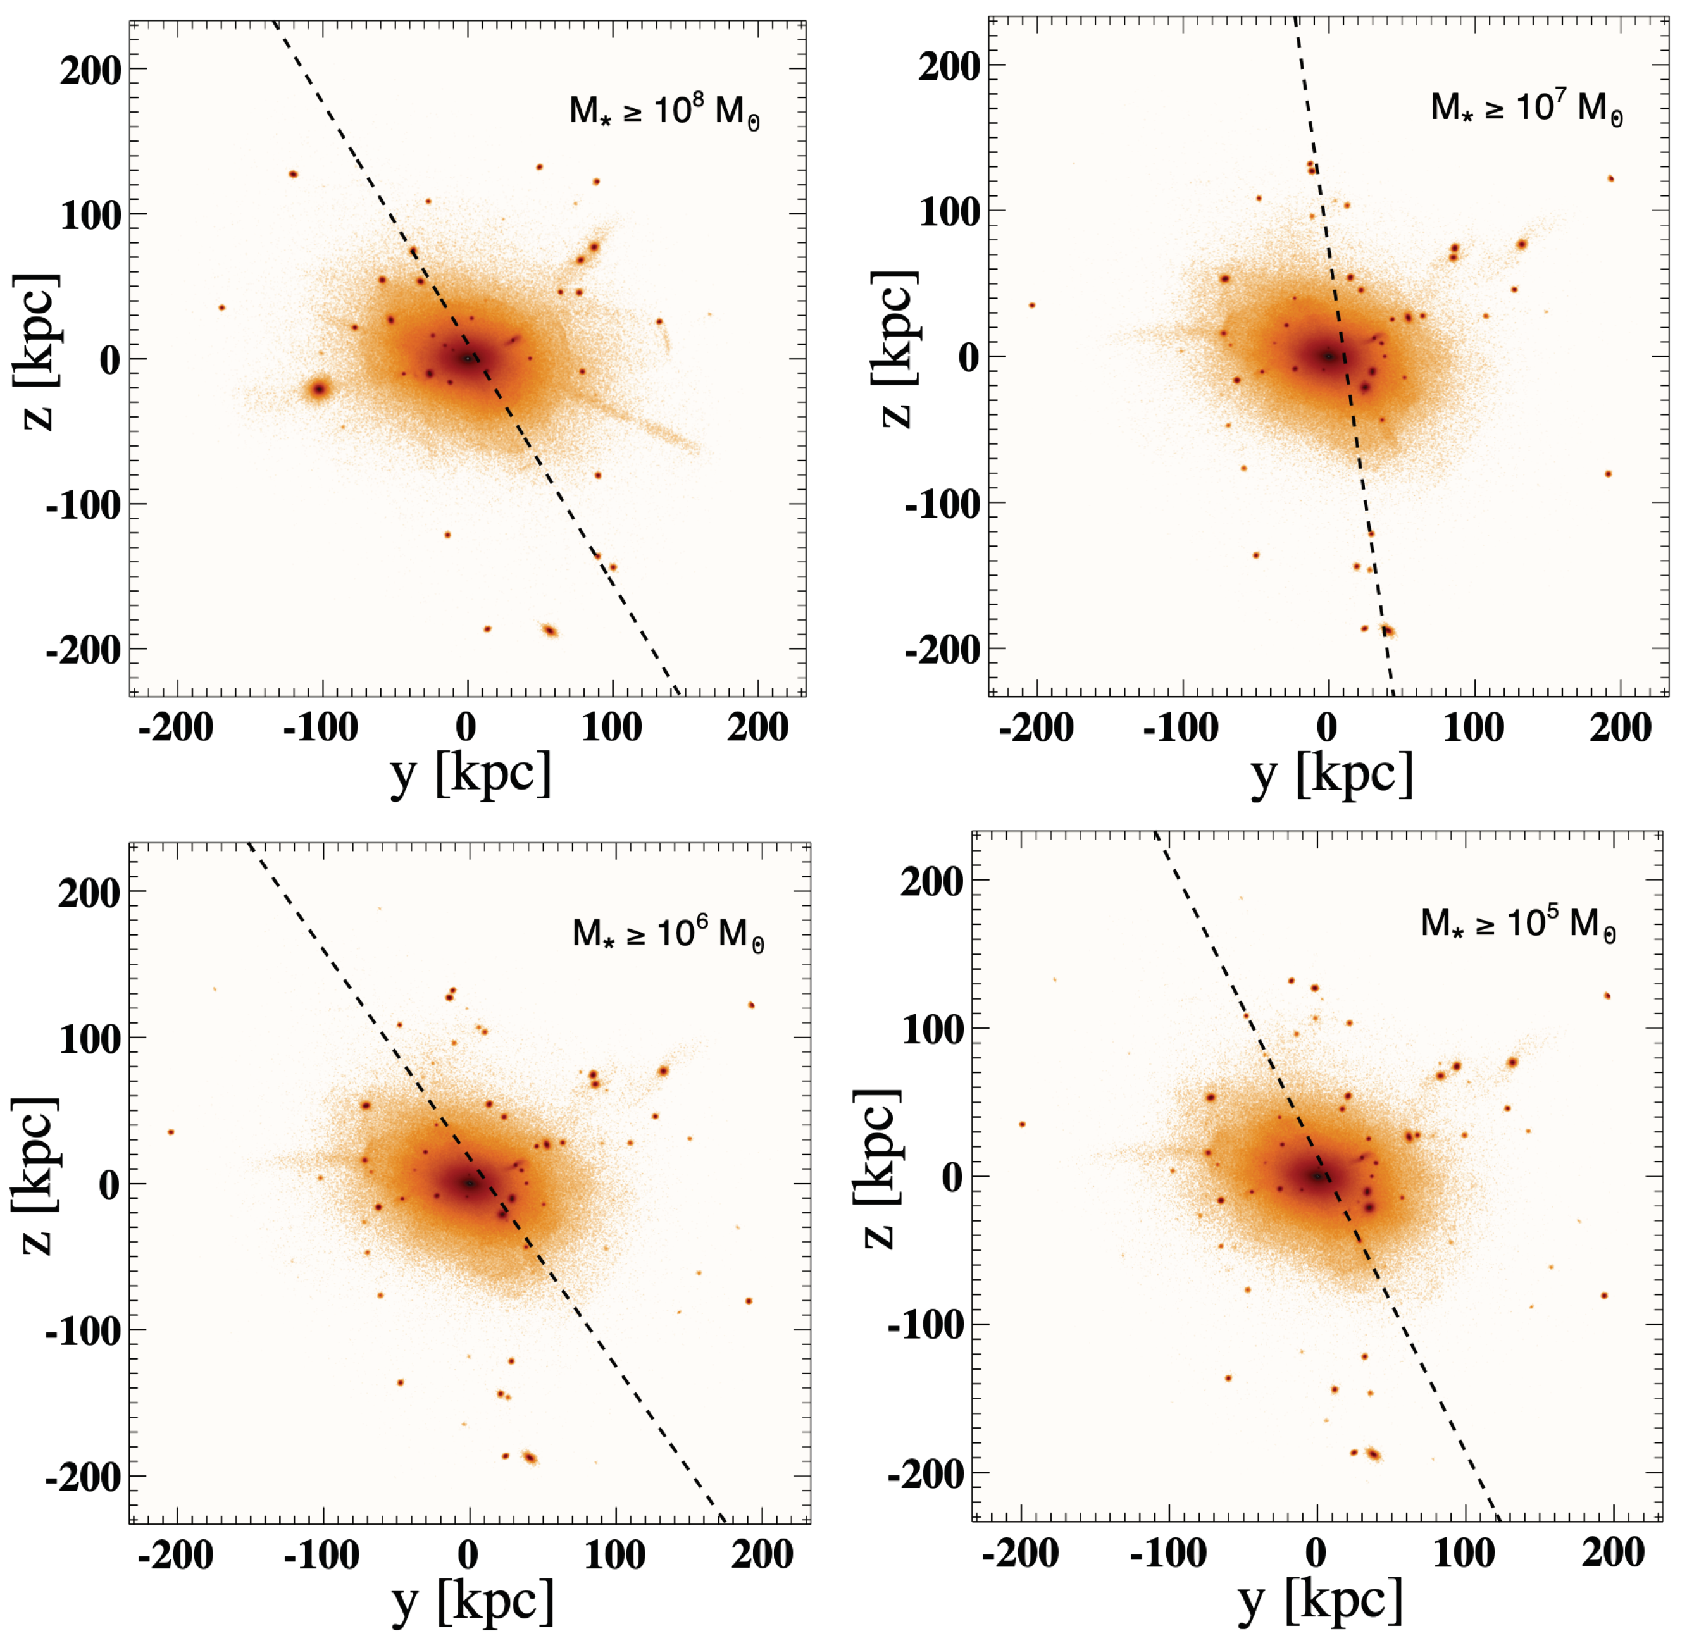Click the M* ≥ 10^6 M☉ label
(667, 934)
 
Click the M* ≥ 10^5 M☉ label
(1518, 925)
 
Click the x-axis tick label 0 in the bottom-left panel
(468, 1555)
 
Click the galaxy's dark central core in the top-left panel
(467, 358)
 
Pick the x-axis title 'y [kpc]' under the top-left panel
(470, 774)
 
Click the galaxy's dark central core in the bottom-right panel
(1316, 1176)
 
